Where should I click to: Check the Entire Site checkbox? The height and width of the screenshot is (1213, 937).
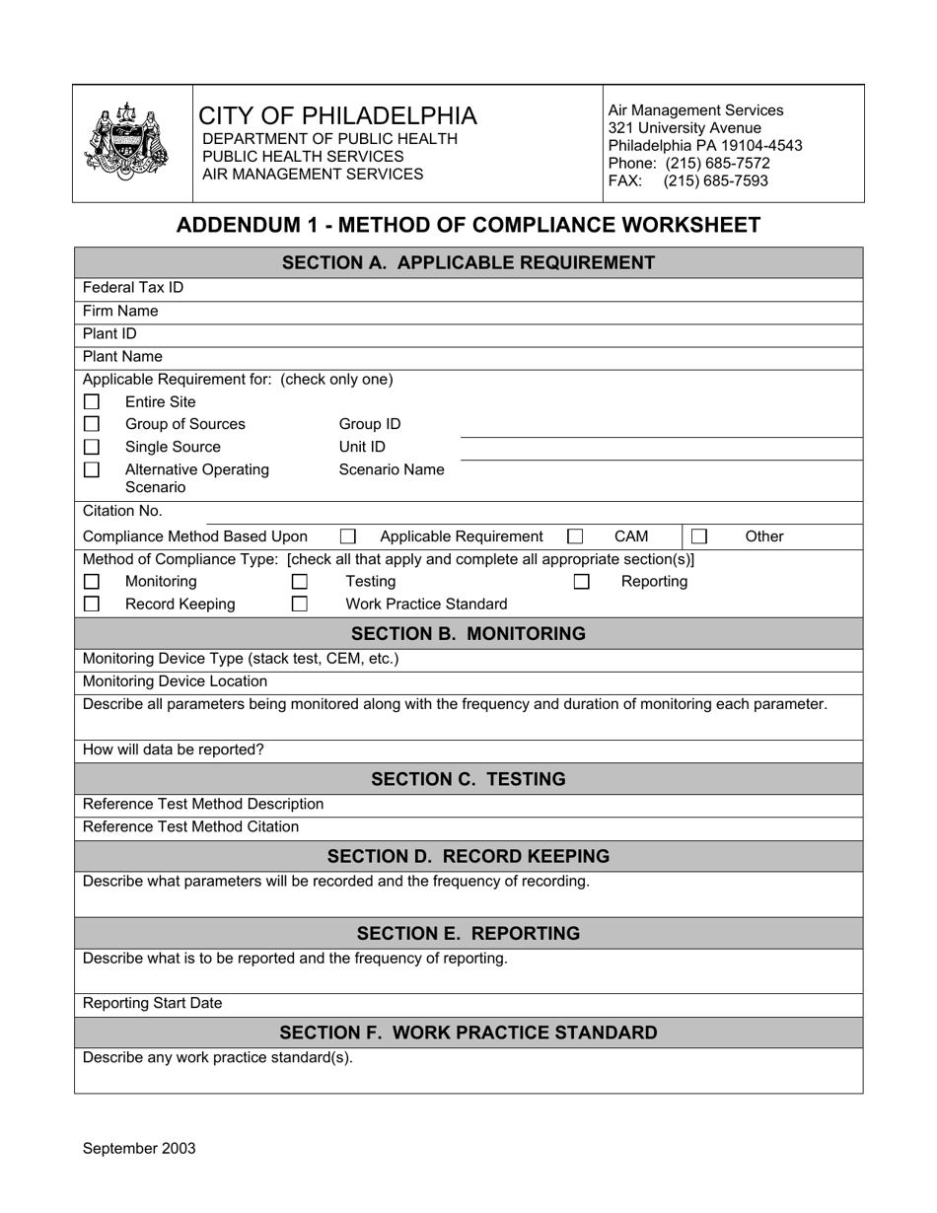[92, 402]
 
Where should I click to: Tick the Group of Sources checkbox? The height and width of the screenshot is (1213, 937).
[92, 424]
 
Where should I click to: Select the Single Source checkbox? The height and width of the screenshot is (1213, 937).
[92, 447]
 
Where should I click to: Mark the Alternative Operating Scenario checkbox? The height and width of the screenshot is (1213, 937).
[92, 469]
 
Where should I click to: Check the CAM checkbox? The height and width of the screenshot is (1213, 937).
[575, 536]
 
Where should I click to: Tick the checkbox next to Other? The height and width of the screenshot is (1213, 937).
[699, 536]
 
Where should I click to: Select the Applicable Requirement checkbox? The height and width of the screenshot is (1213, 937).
[347, 536]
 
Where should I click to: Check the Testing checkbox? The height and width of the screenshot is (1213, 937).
[299, 582]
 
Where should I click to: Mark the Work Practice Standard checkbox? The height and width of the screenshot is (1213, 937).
[299, 604]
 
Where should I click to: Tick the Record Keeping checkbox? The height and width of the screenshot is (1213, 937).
[92, 604]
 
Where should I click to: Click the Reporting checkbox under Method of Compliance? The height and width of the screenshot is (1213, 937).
[582, 582]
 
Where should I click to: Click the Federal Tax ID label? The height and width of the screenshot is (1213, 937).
[133, 288]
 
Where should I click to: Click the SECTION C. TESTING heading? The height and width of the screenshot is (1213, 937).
[468, 779]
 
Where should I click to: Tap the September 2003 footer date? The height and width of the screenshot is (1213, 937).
[139, 1148]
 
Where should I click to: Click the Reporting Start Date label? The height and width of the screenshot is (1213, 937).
[153, 1003]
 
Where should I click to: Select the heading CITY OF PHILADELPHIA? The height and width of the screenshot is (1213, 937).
[338, 115]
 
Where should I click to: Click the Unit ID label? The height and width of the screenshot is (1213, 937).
[362, 447]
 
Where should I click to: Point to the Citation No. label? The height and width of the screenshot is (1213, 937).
[122, 511]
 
